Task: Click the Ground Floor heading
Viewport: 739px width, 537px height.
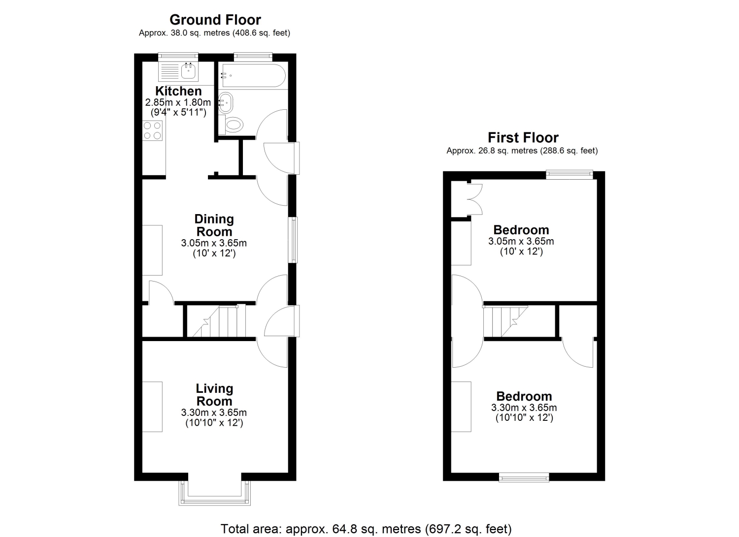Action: click(x=215, y=20)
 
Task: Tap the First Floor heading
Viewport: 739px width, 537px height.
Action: click(x=523, y=137)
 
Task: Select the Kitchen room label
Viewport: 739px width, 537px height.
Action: click(x=178, y=91)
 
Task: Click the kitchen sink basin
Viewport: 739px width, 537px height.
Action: click(x=188, y=70)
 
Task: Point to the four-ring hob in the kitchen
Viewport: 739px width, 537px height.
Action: click(x=152, y=130)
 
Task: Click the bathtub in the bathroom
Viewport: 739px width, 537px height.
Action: click(x=253, y=75)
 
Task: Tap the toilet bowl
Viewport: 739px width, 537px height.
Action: click(x=234, y=125)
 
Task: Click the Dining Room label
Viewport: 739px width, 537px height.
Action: click(x=214, y=225)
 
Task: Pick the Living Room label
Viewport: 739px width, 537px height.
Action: click(x=214, y=395)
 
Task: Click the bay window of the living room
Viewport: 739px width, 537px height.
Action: click(x=214, y=493)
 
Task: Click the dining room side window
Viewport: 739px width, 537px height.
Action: click(x=293, y=240)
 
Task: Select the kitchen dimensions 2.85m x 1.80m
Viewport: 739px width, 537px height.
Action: click(x=178, y=102)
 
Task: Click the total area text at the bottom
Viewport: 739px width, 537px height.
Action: click(x=366, y=529)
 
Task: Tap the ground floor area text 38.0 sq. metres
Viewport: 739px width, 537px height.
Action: click(x=214, y=33)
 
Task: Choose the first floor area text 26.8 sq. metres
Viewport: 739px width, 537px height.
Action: click(x=522, y=151)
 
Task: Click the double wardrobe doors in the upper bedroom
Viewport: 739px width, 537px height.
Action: click(x=475, y=199)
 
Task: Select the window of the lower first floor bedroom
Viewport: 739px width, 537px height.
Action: click(x=524, y=477)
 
